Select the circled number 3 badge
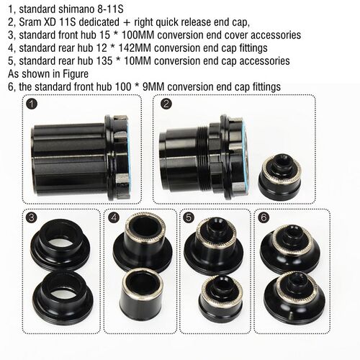pos(30,217)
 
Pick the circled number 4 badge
pos(114,217)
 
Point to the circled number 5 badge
pos(189,217)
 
